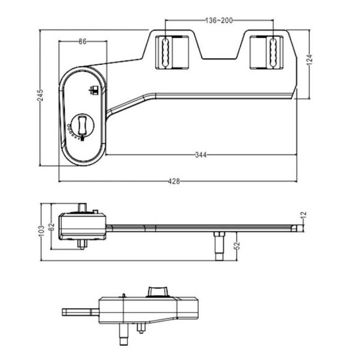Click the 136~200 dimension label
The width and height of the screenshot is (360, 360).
coord(219,21)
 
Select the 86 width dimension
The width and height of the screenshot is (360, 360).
coord(83,41)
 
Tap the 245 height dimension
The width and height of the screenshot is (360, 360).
coord(40,95)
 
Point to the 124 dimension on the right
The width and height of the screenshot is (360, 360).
coord(310,60)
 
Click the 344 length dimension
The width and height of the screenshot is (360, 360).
coord(201,155)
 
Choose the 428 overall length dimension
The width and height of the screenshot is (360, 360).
coord(174,182)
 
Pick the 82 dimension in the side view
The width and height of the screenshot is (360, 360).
coord(51,227)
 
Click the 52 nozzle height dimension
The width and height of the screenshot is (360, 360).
coord(237,245)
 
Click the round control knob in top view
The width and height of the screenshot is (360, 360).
coord(82,125)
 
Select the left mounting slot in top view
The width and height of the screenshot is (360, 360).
coord(165,53)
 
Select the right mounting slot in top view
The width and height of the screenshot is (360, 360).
coord(273,53)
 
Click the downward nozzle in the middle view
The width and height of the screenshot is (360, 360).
coord(219,246)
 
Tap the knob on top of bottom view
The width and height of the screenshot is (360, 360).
coord(158,292)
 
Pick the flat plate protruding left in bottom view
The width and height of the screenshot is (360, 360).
coord(81,312)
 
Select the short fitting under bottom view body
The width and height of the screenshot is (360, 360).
coord(141,328)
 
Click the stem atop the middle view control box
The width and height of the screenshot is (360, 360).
coord(82,208)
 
